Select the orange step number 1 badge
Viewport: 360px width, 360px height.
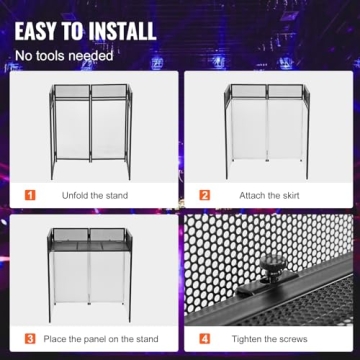pos(30,196)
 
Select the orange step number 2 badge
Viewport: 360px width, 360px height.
pos(205,196)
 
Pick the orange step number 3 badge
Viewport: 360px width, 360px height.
pos(30,338)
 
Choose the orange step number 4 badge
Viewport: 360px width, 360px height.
pos(205,338)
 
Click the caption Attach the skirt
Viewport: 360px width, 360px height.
pos(267,196)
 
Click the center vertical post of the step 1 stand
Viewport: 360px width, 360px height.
pos(90,130)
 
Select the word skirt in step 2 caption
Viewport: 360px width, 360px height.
pos(284,196)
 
